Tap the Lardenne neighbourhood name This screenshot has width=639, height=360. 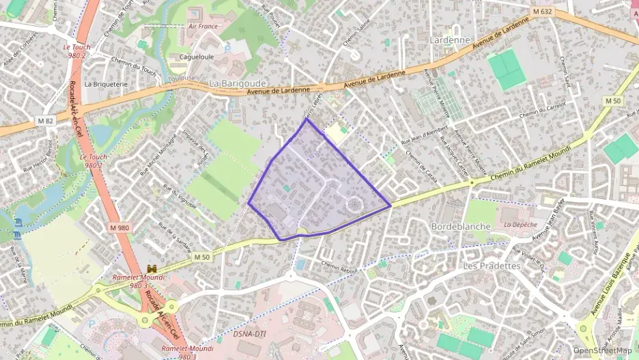(x=451, y=40)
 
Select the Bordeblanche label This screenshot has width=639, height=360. (x=461, y=225)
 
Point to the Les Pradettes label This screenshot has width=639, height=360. (x=492, y=265)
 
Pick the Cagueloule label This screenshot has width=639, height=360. (x=197, y=57)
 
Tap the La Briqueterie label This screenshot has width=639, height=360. (x=106, y=84)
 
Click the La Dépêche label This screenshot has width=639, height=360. (x=521, y=224)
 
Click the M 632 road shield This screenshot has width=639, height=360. (x=543, y=12)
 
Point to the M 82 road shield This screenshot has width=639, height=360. (x=46, y=121)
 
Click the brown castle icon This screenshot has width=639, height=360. (x=152, y=269)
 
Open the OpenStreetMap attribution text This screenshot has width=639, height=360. (x=602, y=350)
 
